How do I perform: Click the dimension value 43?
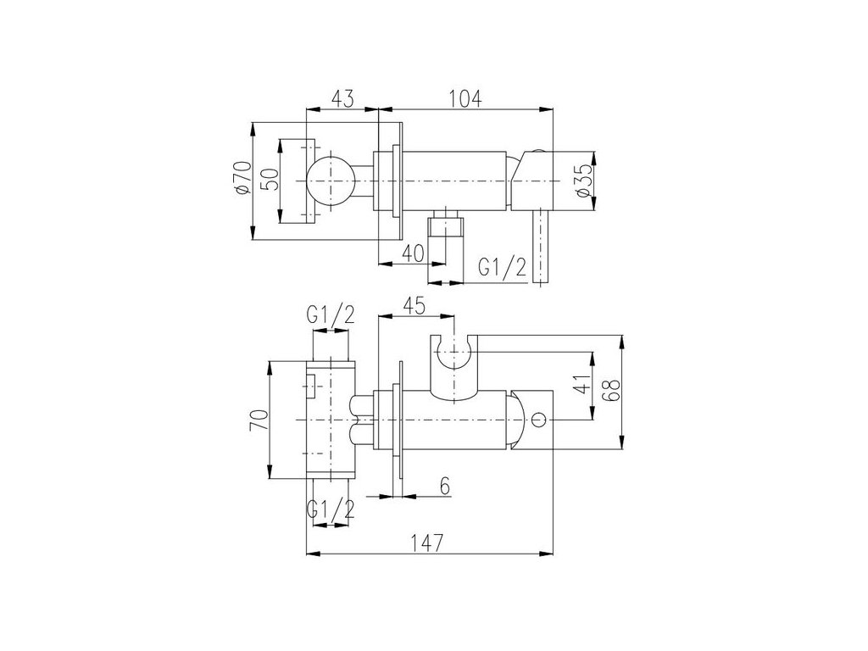pos(342,98)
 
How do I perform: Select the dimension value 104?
pos(465,98)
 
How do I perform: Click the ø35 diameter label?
pos(584,181)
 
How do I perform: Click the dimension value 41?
pos(581,384)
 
